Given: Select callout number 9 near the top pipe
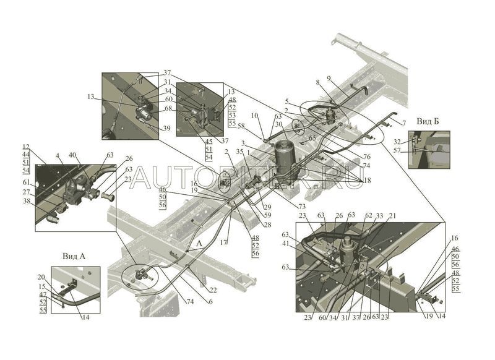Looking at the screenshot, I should pos(329,79).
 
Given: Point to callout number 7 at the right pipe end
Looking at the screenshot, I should pos(404,124).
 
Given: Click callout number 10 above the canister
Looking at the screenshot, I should pos(254,116).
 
